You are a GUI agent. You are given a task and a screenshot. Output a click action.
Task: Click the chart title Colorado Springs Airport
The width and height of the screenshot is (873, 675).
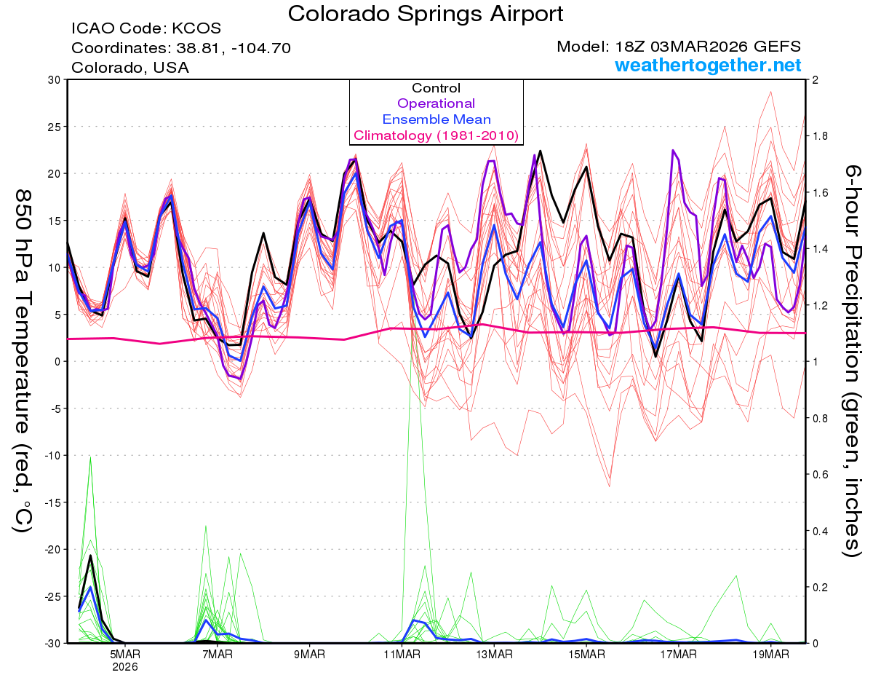point(426,14)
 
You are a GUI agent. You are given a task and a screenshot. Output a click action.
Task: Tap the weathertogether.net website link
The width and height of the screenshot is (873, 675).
point(708,65)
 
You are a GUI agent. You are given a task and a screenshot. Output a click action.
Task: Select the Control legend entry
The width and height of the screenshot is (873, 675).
point(436,88)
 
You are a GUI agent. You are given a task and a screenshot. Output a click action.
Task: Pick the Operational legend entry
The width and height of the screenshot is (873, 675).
point(436,103)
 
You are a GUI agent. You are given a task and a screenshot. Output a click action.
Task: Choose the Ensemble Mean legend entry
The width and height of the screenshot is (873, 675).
point(436,119)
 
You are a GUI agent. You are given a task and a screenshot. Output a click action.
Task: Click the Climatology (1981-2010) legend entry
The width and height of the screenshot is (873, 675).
point(436,135)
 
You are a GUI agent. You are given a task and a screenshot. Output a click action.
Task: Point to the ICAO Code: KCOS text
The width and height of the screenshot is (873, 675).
point(146,28)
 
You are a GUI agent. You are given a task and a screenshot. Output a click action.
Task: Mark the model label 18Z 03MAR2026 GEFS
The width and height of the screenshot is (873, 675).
point(679,47)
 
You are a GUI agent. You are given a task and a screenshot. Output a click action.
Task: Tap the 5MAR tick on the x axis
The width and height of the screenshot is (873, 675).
point(125,654)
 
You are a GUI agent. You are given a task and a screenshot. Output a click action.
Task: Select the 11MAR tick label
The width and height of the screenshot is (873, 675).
point(402,654)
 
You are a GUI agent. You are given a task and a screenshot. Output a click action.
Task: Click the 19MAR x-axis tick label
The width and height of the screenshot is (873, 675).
point(770,654)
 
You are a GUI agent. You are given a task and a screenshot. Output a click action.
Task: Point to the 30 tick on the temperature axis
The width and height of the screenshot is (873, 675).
point(52,79)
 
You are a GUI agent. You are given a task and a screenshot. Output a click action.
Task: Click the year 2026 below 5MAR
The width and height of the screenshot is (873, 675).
point(125,666)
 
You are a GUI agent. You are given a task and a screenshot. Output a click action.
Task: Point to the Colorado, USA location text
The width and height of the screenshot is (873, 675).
point(130,68)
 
